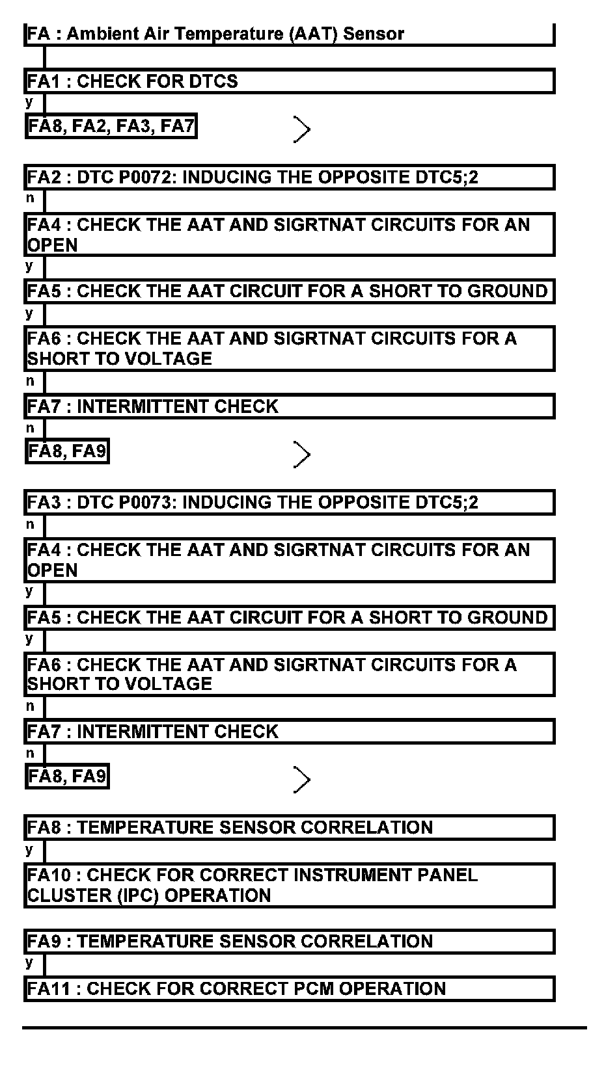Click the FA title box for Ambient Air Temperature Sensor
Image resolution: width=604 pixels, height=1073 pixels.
pos(289,34)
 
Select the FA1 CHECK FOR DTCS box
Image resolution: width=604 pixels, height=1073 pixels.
pos(289,82)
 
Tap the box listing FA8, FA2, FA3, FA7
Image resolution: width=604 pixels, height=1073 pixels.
pos(111,126)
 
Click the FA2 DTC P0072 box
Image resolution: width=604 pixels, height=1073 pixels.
pos(289,178)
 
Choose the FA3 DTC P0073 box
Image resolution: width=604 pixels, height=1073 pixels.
pos(289,503)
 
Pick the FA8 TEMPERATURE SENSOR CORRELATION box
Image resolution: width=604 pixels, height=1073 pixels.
pos(289,828)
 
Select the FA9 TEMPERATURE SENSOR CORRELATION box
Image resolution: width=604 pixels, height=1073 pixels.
pos(289,942)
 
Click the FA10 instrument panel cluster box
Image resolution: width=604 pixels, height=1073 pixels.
pos(289,885)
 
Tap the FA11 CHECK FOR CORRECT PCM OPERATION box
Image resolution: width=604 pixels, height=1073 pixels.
pos(289,989)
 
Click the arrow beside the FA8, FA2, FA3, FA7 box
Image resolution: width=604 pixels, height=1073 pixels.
pos(301,129)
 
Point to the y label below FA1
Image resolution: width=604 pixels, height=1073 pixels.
pos(29,102)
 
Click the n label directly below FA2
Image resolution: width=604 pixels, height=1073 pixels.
pos(30,198)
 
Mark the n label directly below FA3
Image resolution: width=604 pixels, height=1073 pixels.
pos(30,524)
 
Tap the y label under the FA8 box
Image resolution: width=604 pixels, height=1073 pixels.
pos(29,849)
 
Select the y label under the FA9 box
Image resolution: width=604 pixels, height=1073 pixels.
pos(29,962)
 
